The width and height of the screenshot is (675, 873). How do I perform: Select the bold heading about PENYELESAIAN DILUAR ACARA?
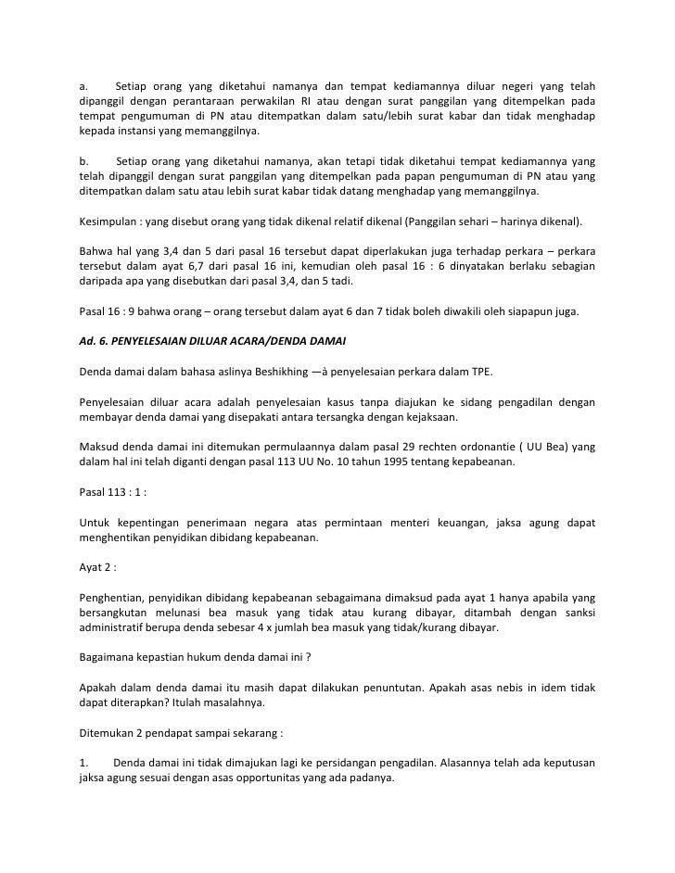[x=212, y=341]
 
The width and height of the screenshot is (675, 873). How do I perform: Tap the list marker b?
[x=83, y=159]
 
